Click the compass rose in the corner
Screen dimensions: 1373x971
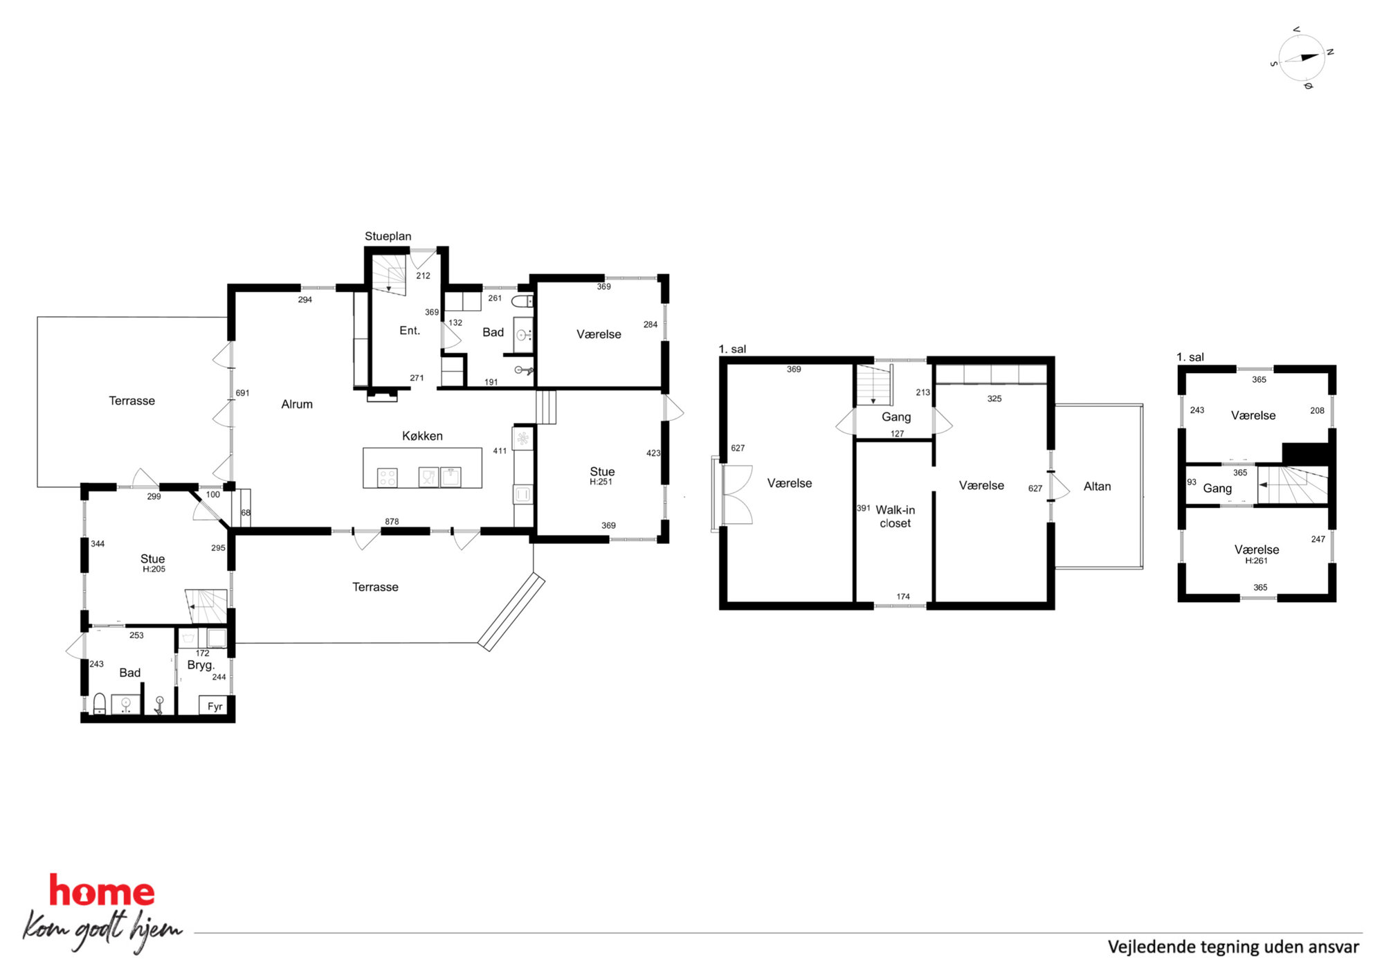point(1302,58)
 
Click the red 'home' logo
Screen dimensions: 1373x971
point(102,891)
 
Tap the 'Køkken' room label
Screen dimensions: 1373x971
point(422,436)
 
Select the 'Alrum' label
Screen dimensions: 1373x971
point(297,404)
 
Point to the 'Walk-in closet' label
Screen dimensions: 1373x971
point(895,516)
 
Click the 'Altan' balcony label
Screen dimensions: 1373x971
point(1097,487)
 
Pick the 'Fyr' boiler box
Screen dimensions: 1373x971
point(215,706)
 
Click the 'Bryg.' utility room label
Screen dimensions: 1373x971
point(201,665)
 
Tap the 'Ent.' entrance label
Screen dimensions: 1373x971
point(410,331)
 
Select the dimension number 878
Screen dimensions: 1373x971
point(392,522)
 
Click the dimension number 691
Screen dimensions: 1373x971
point(242,393)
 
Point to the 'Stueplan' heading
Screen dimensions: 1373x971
point(388,236)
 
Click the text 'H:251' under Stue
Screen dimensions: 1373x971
point(601,482)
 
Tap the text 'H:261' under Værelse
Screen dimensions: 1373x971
point(1256,561)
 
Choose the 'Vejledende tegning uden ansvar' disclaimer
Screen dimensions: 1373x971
point(1233,947)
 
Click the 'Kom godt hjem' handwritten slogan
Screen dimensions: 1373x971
point(102,929)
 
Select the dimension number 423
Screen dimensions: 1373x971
point(653,453)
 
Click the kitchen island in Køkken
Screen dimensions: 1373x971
point(422,468)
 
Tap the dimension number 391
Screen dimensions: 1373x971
point(863,508)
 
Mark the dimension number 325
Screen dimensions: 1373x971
point(994,399)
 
